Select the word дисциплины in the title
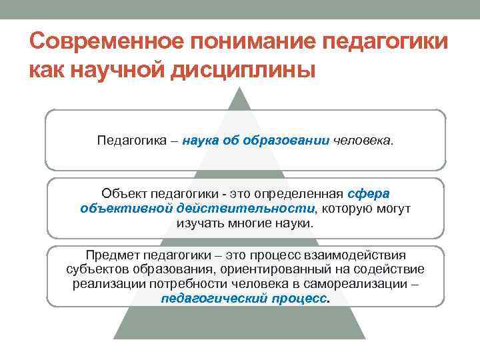click(236, 69)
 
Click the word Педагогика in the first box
click(128, 141)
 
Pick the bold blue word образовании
click(289, 141)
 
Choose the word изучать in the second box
click(199, 223)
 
